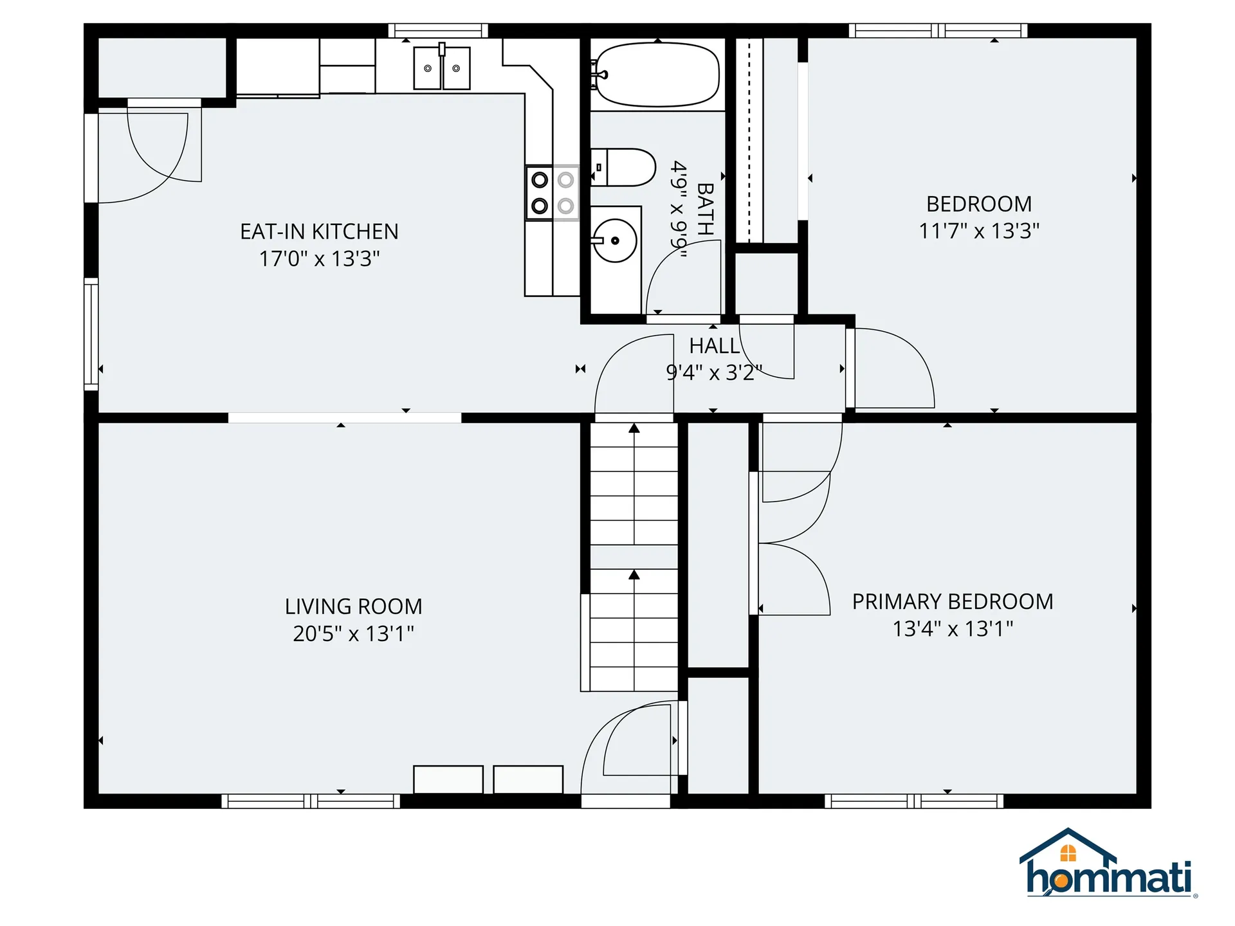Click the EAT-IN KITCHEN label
[319, 232]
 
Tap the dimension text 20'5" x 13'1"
[353, 633]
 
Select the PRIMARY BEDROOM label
[952, 602]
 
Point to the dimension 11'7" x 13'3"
[978, 231]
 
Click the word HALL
[713, 346]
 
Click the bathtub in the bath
[656, 75]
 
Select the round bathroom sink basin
[615, 241]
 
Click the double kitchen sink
[441, 68]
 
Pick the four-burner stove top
[553, 193]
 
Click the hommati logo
[1108, 865]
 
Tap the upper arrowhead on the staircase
[634, 428]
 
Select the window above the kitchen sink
[438, 30]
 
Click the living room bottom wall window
[311, 801]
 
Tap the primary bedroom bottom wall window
[913, 801]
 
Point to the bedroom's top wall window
[938, 30]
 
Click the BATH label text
[705, 209]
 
